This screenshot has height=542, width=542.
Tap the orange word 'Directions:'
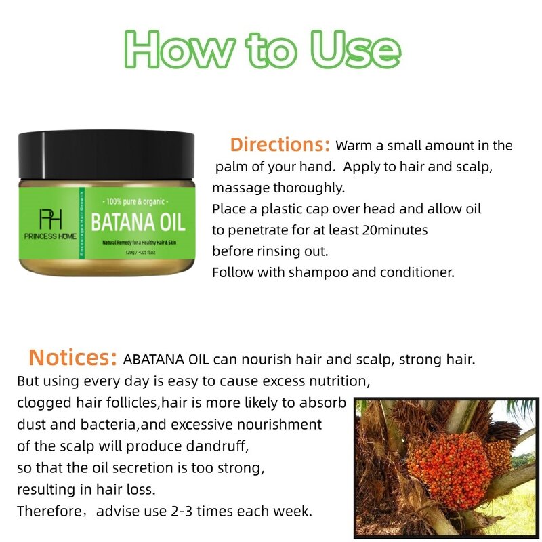280,144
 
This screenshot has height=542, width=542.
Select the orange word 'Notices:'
73,358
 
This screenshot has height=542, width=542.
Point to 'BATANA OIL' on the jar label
138,222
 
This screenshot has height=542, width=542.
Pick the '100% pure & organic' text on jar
135,202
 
